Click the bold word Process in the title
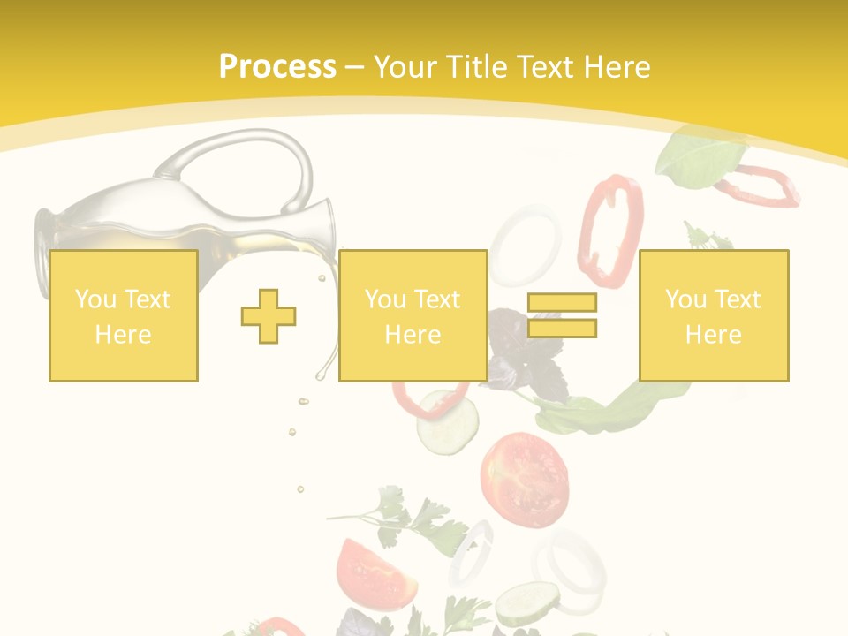click(277, 67)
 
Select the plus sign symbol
click(269, 315)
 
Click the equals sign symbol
click(562, 315)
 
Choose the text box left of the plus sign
click(124, 315)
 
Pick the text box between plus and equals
click(413, 315)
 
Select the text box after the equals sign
click(713, 315)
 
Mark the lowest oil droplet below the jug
click(300, 488)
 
